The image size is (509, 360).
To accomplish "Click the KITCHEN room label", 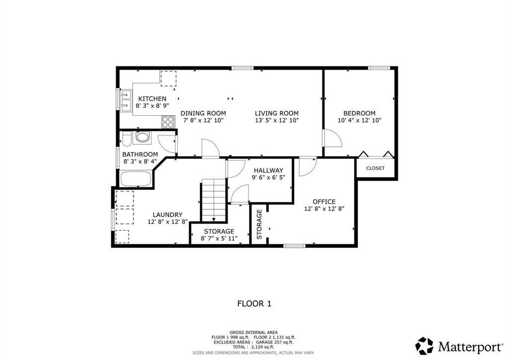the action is pos(152,98).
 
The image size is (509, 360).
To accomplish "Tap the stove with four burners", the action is pos(168,122).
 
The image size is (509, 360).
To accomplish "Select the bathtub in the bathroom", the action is pos(136,179).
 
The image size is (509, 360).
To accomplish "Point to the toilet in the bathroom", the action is pos(126,139).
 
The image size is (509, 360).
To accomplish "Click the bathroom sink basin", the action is pos(142,137).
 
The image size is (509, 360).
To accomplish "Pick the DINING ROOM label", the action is pos(203,113).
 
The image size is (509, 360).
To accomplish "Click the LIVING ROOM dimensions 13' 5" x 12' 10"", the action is pos(276,120).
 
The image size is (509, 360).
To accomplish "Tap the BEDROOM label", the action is pos(359,113).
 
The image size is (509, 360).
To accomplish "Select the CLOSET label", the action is pos(375,168).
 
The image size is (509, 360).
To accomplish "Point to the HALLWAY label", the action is pos(268,171).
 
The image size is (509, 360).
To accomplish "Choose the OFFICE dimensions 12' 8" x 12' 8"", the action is pos(324,209).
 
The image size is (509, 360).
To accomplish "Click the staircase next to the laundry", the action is pos(214,200).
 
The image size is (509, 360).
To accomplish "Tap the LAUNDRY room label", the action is pos(168,215).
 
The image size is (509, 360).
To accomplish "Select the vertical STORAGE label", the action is pos(259,224).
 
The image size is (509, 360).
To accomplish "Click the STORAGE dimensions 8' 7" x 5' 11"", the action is pos(219,239).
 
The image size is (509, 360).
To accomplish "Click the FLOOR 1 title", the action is pos(254,304).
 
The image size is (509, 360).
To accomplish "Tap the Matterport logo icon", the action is pos(424,346).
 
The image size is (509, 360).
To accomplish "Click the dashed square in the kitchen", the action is pos(169,79).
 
